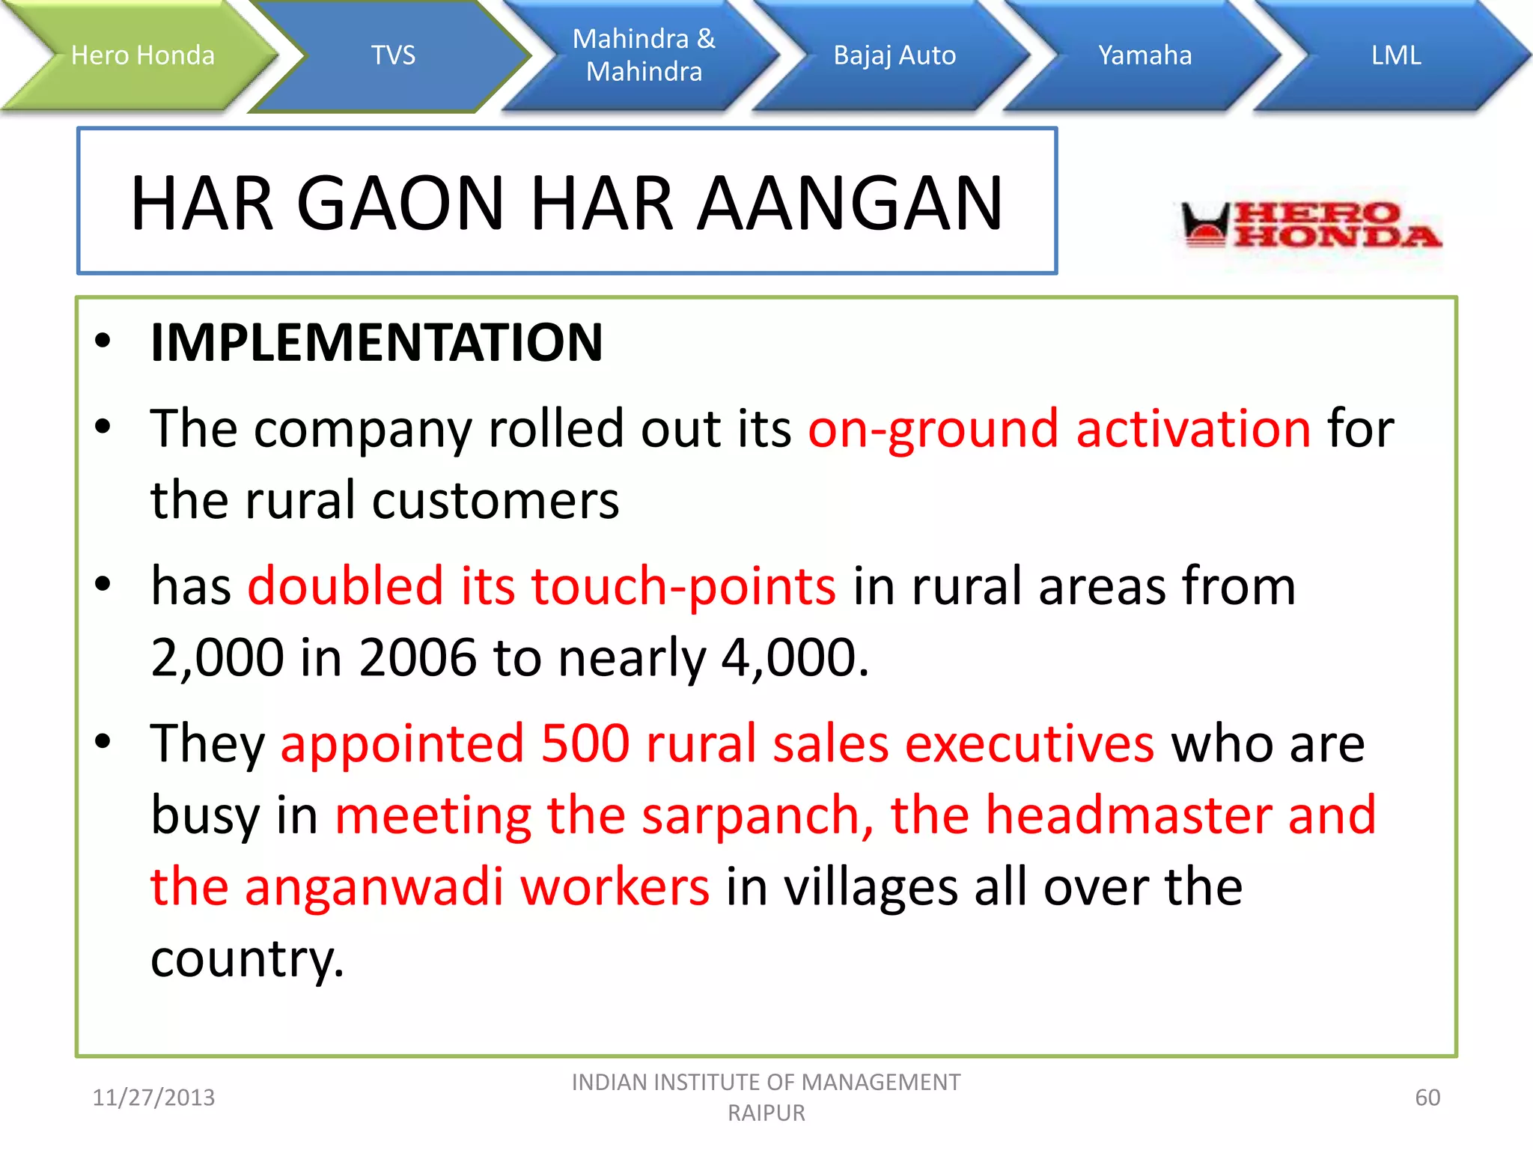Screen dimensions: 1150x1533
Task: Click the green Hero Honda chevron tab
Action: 142,55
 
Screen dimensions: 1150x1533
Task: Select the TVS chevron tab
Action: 393,55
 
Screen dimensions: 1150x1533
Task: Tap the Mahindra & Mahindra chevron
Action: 644,55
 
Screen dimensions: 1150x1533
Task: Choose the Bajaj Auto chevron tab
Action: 894,55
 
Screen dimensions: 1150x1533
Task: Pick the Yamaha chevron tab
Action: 1145,55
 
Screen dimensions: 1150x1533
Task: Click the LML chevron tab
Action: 1395,55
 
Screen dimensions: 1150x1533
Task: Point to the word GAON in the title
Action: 401,203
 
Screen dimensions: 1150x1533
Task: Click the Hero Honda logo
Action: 1310,225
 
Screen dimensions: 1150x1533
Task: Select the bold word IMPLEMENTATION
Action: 377,342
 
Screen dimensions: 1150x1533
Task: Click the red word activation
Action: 1193,429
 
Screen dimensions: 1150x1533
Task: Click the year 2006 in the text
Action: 417,657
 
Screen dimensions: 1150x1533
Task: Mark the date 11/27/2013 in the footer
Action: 153,1098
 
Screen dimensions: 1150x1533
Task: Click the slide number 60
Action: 1427,1098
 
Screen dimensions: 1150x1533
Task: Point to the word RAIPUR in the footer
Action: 766,1113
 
